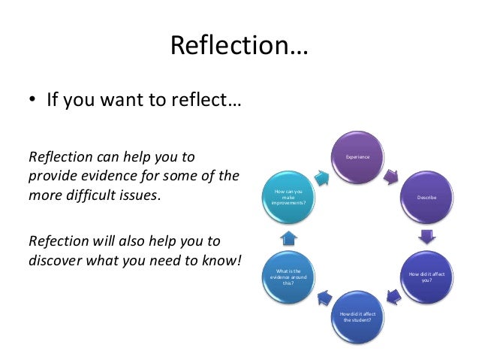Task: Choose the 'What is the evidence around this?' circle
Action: (288, 277)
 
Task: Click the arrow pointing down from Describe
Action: (426, 237)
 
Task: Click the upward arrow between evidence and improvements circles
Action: (290, 237)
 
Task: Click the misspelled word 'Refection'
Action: (56, 241)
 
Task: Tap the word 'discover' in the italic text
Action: (57, 260)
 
